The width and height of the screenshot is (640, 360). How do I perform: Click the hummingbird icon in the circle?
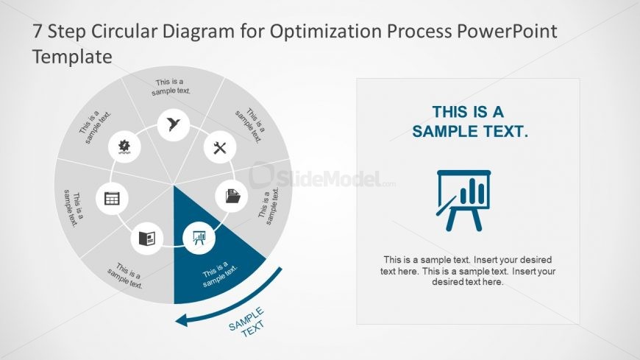(x=174, y=124)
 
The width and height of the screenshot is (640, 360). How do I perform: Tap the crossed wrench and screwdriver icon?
(x=219, y=147)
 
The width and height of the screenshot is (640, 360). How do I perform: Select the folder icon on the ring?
(x=232, y=197)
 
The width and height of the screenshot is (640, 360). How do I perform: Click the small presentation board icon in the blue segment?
(x=199, y=238)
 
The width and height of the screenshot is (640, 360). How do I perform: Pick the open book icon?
(x=146, y=238)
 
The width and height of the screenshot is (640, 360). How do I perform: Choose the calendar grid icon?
(x=113, y=197)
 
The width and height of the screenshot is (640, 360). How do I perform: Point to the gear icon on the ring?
(x=124, y=147)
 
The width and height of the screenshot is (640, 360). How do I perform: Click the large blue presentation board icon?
(x=463, y=200)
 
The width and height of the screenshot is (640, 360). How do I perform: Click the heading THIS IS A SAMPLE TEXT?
(x=469, y=122)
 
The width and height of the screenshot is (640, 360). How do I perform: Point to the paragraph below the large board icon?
(x=468, y=271)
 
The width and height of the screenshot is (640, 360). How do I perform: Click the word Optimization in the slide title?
(x=316, y=32)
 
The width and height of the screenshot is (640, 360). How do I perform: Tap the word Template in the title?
(x=72, y=56)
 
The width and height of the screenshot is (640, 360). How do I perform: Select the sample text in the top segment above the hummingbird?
(x=171, y=87)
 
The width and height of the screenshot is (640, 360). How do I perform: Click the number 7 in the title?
(x=38, y=32)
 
